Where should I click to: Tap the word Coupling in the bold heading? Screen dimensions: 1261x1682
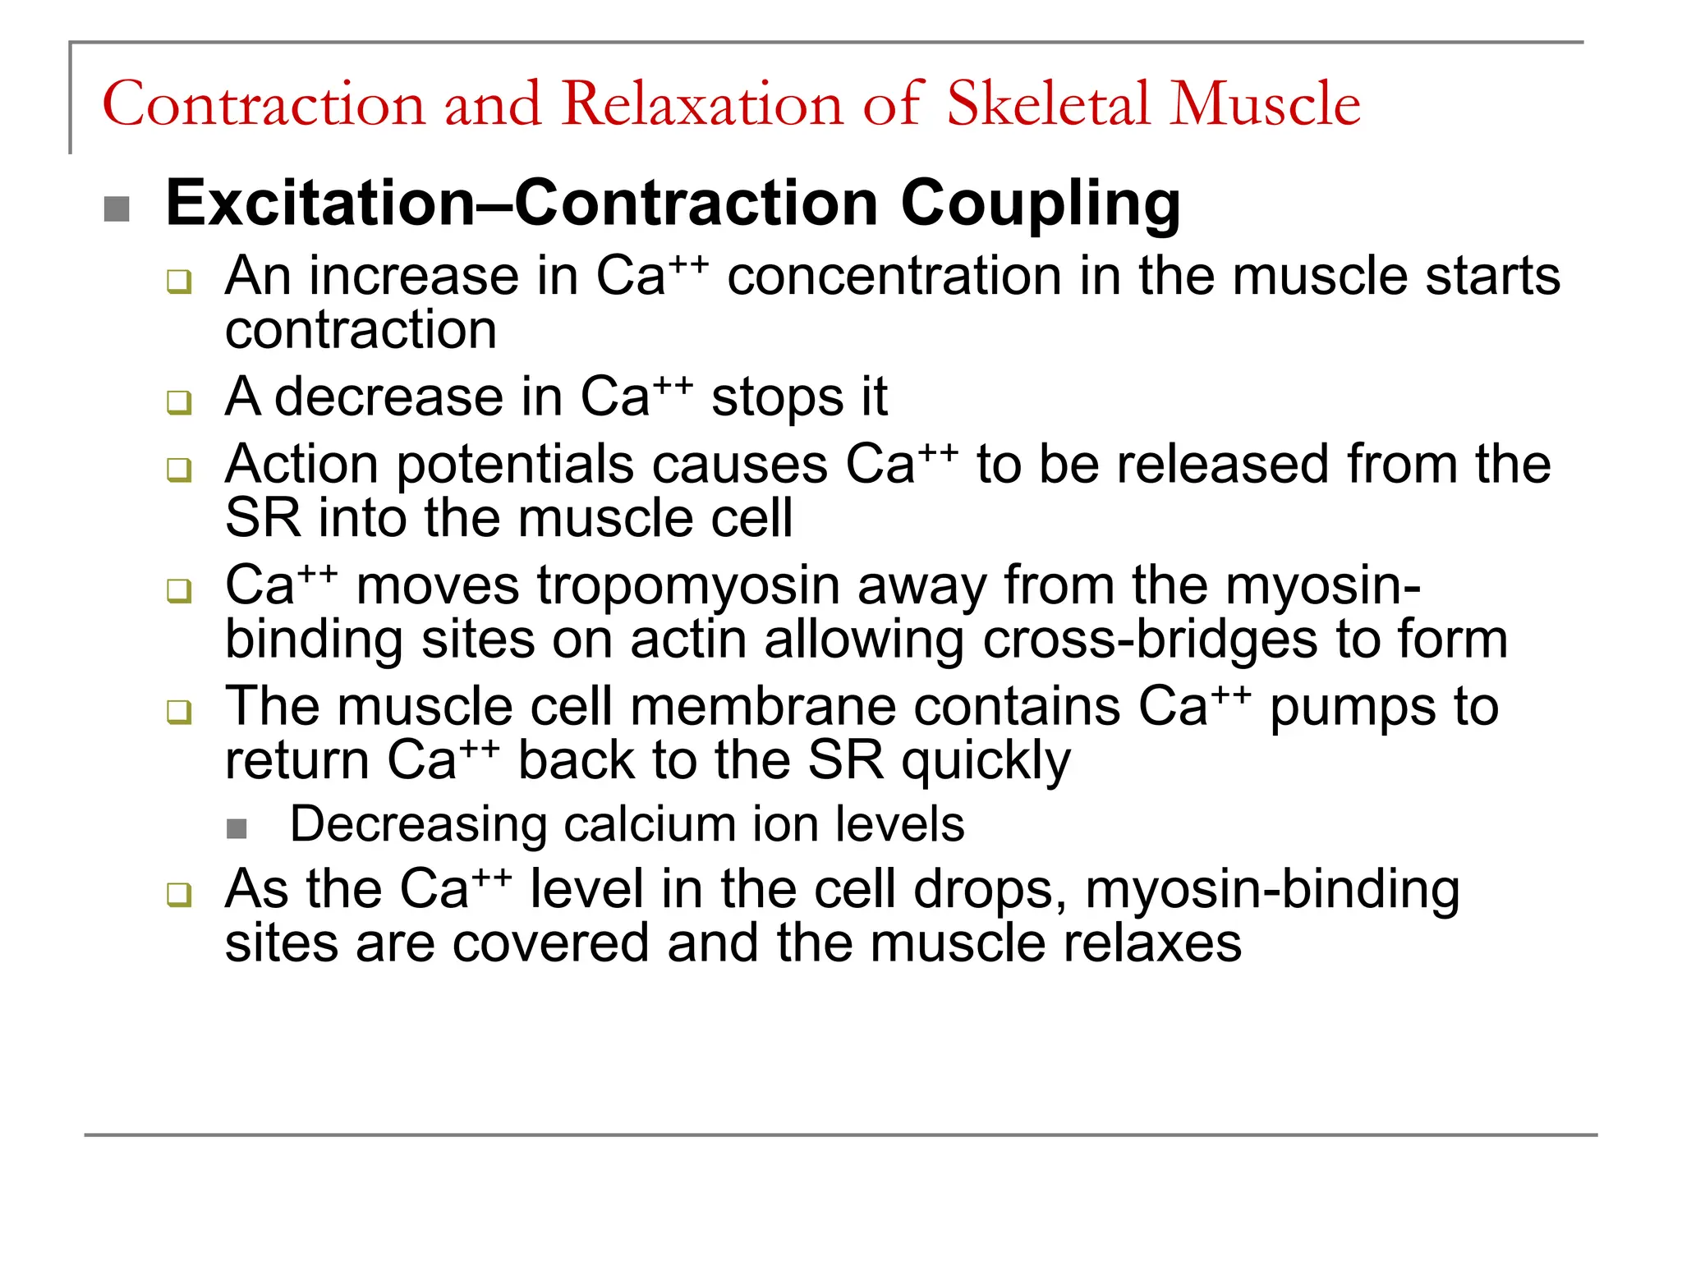tap(1041, 204)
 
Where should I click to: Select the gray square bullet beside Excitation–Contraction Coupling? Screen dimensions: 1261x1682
tap(117, 209)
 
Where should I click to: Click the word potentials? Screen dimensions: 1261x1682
tap(515, 465)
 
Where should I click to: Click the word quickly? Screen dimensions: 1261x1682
tap(986, 762)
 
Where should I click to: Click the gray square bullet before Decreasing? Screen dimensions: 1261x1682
tap(237, 829)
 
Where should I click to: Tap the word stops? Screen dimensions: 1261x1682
tap(776, 398)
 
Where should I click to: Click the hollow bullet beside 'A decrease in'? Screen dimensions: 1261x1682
tap(178, 403)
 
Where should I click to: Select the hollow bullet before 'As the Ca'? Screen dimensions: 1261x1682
tap(178, 895)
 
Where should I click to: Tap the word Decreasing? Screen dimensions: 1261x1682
tap(418, 824)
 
